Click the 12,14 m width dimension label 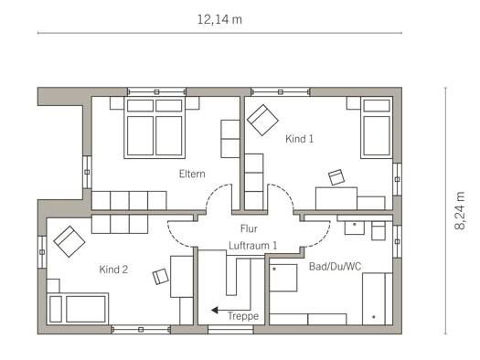point(219,20)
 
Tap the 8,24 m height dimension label point(460,210)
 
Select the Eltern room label point(192,174)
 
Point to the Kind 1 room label point(299,139)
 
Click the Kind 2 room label point(113,270)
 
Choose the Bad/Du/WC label point(335,267)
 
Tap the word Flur point(249,228)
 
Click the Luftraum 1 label point(253,245)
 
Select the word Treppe point(243,316)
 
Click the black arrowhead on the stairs point(215,310)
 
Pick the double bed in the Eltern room point(155,128)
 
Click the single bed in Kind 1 point(377,128)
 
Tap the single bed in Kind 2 point(78,309)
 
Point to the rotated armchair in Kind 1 point(262,120)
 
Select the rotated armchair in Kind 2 point(69,241)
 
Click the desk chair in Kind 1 point(336,177)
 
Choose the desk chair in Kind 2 point(161,277)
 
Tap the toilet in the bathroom point(379,230)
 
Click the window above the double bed point(156,91)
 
